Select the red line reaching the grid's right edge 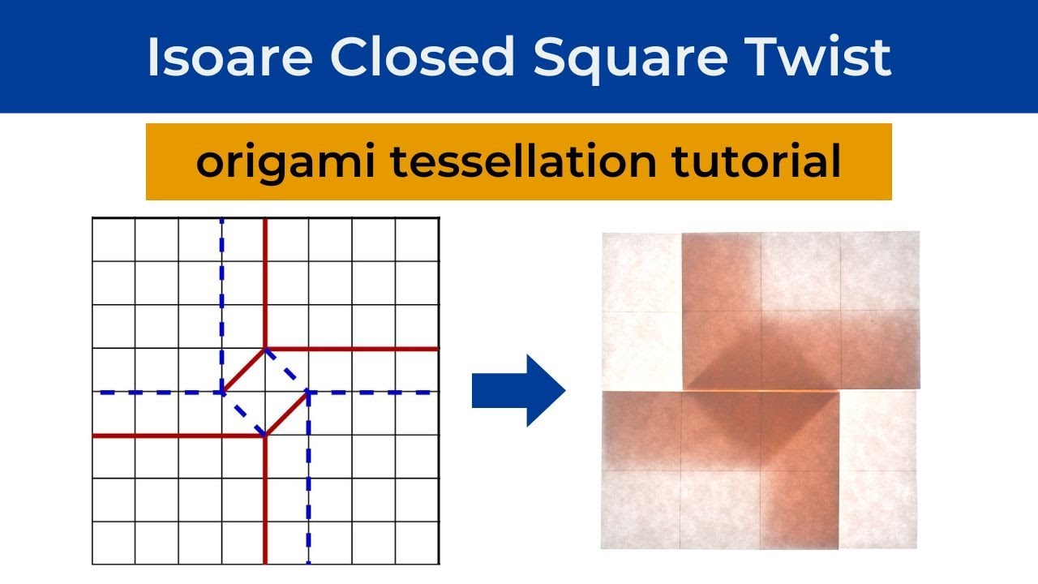pos(357,349)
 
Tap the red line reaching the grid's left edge pos(174,436)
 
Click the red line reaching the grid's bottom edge pos(265,503)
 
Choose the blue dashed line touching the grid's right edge pos(373,393)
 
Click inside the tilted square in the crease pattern pos(265,393)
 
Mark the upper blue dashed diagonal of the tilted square pos(286,371)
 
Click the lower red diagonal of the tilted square pos(286,414)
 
